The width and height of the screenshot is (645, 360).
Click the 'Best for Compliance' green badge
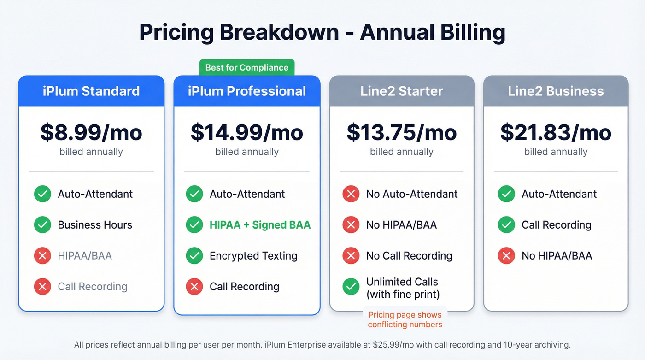[246, 68]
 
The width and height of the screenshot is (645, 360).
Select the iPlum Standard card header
[91, 91]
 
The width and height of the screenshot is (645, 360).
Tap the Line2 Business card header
[556, 91]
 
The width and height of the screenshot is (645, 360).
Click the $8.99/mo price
[91, 133]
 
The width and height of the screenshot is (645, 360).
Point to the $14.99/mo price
[246, 133]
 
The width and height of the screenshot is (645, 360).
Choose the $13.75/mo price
[401, 133]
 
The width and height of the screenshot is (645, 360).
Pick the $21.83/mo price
[556, 133]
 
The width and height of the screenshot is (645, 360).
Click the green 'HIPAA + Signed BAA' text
[260, 225]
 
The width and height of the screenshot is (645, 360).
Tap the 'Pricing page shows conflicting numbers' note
[405, 319]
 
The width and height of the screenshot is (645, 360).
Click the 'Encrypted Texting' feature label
[253, 256]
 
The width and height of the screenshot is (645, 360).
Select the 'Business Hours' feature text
[95, 225]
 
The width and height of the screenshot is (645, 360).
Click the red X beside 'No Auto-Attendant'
[351, 194]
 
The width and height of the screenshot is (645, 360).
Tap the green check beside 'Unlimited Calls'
[351, 287]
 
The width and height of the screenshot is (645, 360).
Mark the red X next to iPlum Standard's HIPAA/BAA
[42, 256]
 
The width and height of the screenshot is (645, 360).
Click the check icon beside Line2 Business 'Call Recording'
[506, 225]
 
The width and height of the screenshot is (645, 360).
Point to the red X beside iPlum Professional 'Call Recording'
[194, 287]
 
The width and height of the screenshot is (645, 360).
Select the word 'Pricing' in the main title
[176, 33]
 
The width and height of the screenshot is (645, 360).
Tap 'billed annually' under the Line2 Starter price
[401, 152]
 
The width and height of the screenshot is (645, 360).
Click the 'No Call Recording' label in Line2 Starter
[409, 256]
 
